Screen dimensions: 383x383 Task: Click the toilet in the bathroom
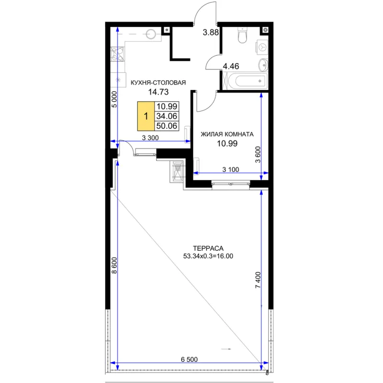coord(242,35)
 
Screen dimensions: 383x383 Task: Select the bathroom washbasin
coord(263,65)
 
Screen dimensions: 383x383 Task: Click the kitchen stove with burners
coord(117,54)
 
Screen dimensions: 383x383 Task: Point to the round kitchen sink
coord(151,34)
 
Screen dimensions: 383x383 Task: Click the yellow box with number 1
coord(146,116)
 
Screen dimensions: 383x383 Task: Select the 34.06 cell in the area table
coord(167,116)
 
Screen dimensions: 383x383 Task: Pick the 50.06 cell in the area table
coord(167,126)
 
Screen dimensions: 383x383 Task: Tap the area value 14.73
coord(158,92)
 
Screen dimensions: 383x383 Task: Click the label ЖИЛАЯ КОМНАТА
coord(227,134)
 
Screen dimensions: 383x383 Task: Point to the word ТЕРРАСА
coord(208,248)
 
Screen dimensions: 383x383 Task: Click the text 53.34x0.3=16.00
coord(208,256)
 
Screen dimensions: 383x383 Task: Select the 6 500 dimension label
coord(189,360)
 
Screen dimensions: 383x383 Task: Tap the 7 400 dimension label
coord(258,280)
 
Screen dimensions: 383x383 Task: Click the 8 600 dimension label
coord(114,265)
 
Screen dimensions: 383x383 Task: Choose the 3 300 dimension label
coord(150,138)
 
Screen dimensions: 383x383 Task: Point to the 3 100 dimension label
coord(231,169)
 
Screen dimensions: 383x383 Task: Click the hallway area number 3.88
coord(211,32)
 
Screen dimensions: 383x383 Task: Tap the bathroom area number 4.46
coord(231,66)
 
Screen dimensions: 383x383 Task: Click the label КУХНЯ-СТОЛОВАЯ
coord(158,82)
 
